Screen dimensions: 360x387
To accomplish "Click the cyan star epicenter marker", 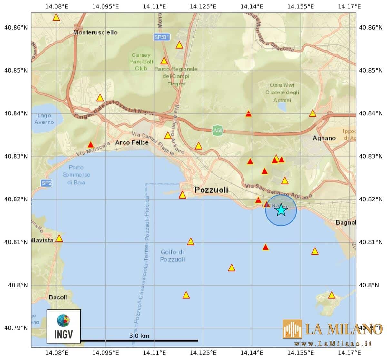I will [281, 210].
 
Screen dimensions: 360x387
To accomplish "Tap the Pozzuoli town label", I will [211, 190].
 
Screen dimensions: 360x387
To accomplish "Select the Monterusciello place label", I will [95, 32].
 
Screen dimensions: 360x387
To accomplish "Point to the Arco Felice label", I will [132, 142].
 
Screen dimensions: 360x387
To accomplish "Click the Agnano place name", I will [324, 138].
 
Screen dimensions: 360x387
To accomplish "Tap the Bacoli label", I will [58, 297].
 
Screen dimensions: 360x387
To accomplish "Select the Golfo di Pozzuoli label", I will [173, 256].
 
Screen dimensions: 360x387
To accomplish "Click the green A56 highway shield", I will [218, 131].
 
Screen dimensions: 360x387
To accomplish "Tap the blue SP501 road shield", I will [162, 37].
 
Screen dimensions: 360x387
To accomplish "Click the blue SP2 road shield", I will [46, 183].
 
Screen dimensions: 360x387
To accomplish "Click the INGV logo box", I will [64, 326].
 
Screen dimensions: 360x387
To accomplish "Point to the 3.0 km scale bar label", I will [139, 336].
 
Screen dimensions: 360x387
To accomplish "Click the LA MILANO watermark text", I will [343, 329].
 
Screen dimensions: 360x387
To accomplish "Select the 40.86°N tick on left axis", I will [16, 28].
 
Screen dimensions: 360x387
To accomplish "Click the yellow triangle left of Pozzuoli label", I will [183, 195].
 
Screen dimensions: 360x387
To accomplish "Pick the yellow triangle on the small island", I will [332, 295].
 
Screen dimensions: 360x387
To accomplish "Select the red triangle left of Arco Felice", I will [91, 145].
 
